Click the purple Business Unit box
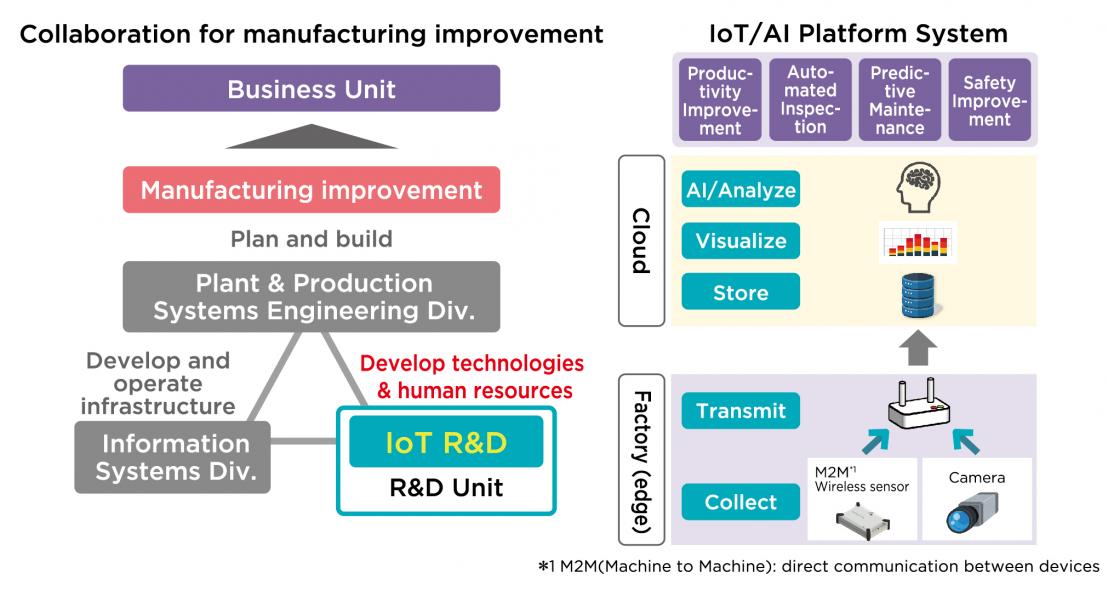click(x=311, y=88)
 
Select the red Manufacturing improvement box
click(x=311, y=190)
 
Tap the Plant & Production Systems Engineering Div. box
click(x=311, y=297)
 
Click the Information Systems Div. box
click(x=172, y=457)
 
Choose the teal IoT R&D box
click(x=446, y=442)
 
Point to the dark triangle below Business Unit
click(x=311, y=136)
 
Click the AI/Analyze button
click(x=741, y=190)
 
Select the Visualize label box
click(x=741, y=241)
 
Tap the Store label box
click(x=741, y=292)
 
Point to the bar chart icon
click(x=918, y=242)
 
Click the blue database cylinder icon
click(x=918, y=296)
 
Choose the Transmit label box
click(x=741, y=410)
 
